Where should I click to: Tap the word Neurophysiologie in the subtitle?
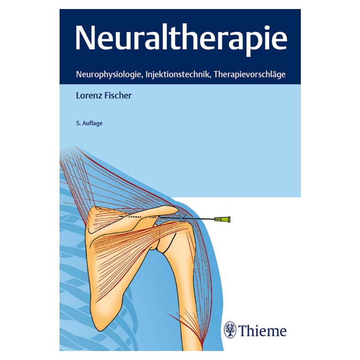[108, 75]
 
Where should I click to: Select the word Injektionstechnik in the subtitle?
[178, 75]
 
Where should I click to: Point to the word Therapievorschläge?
[250, 75]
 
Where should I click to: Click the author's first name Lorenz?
[89, 96]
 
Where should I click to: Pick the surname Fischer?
[118, 96]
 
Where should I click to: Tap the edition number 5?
[78, 123]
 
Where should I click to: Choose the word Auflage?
[92, 123]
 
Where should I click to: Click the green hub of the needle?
[222, 219]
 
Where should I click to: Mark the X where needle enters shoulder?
[182, 217]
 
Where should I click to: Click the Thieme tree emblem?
[230, 330]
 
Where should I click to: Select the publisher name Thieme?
[262, 330]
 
